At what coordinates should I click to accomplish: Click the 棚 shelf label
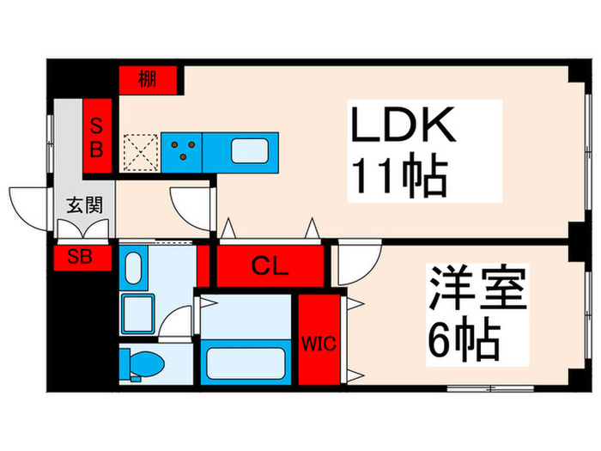pyautogui.click(x=149, y=80)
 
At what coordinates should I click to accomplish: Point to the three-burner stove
pyautogui.click(x=182, y=151)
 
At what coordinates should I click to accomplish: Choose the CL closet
pyautogui.click(x=270, y=266)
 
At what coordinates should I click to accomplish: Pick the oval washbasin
pyautogui.click(x=134, y=270)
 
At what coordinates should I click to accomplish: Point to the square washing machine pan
pyautogui.click(x=138, y=314)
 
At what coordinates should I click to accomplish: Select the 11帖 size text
pyautogui.click(x=397, y=179)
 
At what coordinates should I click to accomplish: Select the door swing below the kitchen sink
pyautogui.click(x=191, y=204)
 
